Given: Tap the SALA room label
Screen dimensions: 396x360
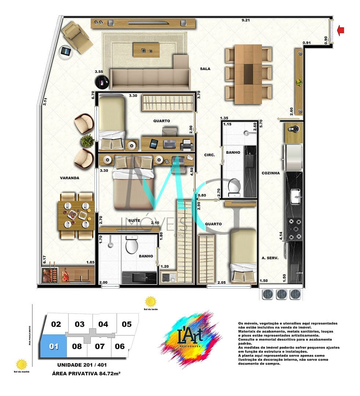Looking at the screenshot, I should [205, 69].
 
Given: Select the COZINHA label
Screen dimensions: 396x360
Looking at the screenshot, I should [270, 173].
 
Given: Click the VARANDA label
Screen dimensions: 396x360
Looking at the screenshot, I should [70, 178].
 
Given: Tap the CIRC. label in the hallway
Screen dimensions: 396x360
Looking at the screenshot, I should [210, 155].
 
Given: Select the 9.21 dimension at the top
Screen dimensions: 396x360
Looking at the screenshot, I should [246, 21].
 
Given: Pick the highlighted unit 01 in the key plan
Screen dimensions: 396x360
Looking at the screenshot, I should [54, 346].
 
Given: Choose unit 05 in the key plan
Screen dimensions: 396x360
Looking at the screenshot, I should [127, 324].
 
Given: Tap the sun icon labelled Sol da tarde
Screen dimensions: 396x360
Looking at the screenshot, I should [150, 301].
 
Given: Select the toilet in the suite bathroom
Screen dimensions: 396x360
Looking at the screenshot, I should [131, 245].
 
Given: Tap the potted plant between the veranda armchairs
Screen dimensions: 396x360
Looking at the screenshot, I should [87, 141].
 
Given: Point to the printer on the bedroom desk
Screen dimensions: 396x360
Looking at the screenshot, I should [186, 146].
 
